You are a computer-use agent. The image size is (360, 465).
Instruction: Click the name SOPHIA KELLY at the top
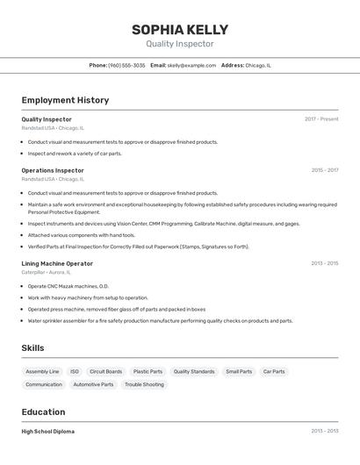179,29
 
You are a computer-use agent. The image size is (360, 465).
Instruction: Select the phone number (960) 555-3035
126,65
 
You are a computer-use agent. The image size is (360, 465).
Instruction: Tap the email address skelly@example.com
191,65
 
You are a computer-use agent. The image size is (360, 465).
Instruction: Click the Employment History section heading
65,100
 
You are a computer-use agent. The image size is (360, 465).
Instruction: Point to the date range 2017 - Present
321,119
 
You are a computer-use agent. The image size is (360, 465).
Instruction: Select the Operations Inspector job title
53,170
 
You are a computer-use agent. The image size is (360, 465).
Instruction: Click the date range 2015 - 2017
325,170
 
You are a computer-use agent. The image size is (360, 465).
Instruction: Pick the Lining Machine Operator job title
57,263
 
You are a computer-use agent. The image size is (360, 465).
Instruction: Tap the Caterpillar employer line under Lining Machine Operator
48,273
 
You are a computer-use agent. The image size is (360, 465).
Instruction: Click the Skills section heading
32,348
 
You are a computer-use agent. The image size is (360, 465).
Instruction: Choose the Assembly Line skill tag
42,371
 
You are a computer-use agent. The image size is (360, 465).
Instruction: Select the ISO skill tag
75,371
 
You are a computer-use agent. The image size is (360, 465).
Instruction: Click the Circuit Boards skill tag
106,371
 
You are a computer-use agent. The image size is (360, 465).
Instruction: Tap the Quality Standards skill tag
194,371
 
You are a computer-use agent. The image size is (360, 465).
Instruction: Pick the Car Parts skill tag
274,371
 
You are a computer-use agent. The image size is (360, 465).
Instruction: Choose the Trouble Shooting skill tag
144,384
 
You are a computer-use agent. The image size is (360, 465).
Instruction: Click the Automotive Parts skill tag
93,384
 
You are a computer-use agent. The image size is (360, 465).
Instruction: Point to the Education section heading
43,412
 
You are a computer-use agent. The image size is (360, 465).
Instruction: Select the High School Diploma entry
47,432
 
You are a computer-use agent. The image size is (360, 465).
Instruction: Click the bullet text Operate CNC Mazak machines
68,286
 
